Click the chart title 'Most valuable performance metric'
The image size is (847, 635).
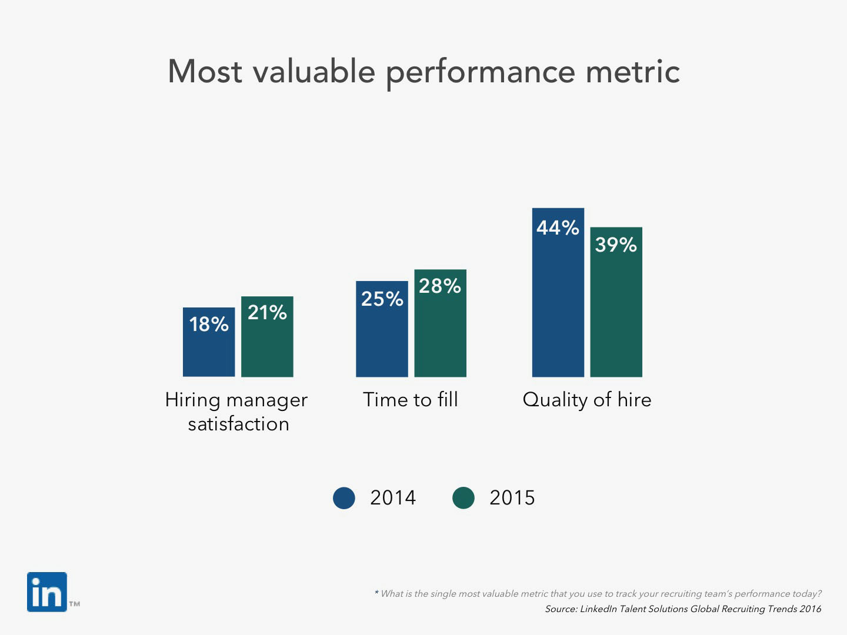pyautogui.click(x=423, y=72)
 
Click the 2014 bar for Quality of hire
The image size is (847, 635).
pyautogui.click(x=558, y=306)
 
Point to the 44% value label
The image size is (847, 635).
pyautogui.click(x=558, y=228)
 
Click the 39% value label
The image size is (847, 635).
pyautogui.click(x=616, y=245)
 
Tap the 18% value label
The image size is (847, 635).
pyautogui.click(x=209, y=324)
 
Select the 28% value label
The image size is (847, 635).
pyautogui.click(x=440, y=286)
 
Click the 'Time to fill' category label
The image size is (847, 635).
pyautogui.click(x=411, y=400)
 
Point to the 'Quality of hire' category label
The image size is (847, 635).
pyautogui.click(x=587, y=400)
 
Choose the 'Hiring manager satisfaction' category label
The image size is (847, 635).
pyautogui.click(x=237, y=412)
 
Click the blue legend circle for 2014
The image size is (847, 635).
pyautogui.click(x=344, y=498)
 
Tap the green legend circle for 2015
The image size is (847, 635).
pyautogui.click(x=463, y=498)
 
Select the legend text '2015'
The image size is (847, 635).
pyautogui.click(x=512, y=498)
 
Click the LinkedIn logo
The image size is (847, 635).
pyautogui.click(x=47, y=592)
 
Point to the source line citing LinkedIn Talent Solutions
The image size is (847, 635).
pyautogui.click(x=683, y=609)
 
